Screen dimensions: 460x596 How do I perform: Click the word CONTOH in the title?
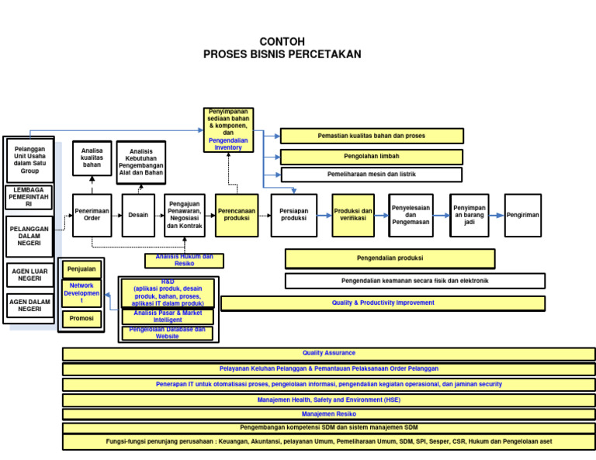282,42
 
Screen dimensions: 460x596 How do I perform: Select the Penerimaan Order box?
92,215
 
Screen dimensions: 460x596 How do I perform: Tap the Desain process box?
138,215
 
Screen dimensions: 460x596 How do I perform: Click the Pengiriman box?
523,215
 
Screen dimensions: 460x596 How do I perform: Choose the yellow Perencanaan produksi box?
237,215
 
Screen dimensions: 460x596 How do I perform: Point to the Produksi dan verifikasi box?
353,215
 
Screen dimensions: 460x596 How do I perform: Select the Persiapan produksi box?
294,215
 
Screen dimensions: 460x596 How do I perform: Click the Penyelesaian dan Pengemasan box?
411,215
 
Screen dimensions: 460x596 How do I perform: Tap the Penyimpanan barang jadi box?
470,215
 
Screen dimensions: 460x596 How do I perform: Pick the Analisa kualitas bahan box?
92,158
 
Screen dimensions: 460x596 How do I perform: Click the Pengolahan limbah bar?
372,156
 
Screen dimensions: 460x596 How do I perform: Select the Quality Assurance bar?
328,354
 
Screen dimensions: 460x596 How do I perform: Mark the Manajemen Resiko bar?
328,414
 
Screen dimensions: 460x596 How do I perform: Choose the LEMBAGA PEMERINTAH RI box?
29,197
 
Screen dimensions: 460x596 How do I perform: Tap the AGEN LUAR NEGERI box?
30,275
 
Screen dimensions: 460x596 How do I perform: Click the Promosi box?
81,319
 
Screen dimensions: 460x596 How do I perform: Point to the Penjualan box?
81,270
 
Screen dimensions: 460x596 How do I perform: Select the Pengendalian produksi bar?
390,258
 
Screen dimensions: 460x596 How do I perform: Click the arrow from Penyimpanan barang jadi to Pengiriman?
497,215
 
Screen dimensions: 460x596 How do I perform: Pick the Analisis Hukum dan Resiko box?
184,261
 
